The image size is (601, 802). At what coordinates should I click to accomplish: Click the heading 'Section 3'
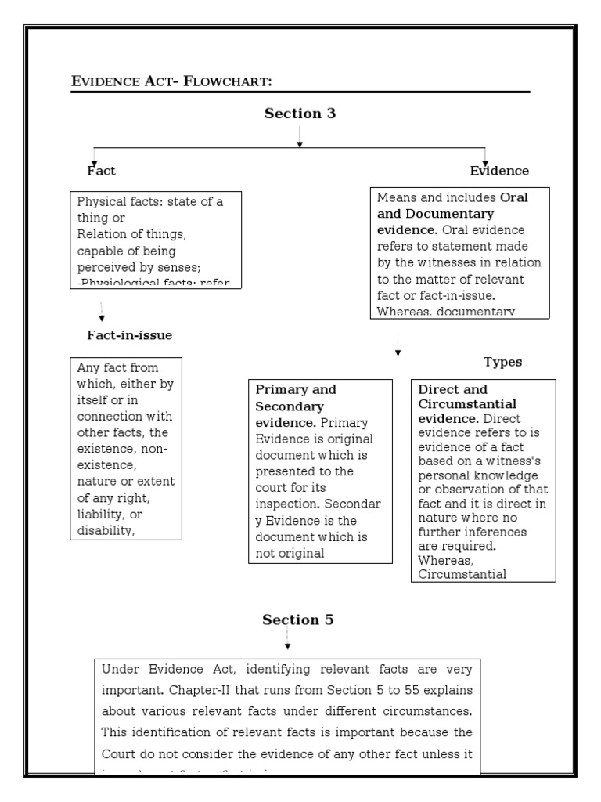click(x=300, y=114)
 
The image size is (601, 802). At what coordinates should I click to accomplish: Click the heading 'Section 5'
click(x=298, y=620)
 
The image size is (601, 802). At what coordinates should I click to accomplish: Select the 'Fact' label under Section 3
click(x=102, y=170)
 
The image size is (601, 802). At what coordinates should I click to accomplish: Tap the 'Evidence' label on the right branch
click(x=499, y=170)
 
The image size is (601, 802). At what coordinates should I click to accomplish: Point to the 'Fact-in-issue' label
click(x=129, y=335)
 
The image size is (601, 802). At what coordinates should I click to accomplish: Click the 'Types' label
click(x=502, y=362)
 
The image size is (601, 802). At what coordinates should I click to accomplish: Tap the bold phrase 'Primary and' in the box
click(x=296, y=389)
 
